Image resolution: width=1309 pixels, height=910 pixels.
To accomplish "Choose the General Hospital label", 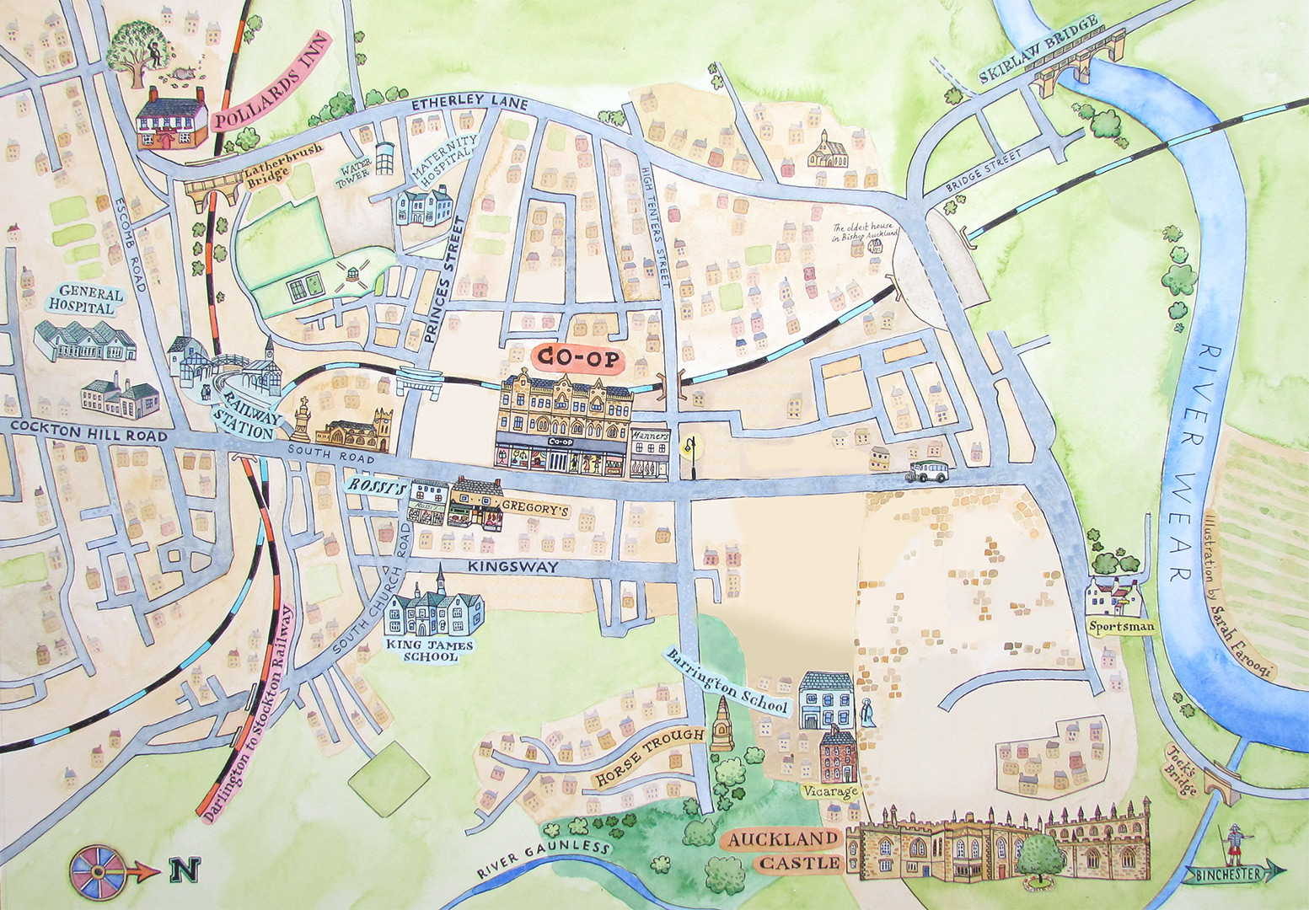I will coord(85,300).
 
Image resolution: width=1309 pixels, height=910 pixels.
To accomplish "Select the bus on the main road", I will coord(928,472).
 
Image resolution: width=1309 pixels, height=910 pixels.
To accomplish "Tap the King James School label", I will coord(429,650).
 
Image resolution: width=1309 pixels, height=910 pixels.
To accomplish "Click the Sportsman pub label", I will coord(1118,627).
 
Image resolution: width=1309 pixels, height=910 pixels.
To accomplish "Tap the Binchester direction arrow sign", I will coord(1235,874).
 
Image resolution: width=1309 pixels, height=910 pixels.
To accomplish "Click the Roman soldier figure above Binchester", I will coord(1233,843).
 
